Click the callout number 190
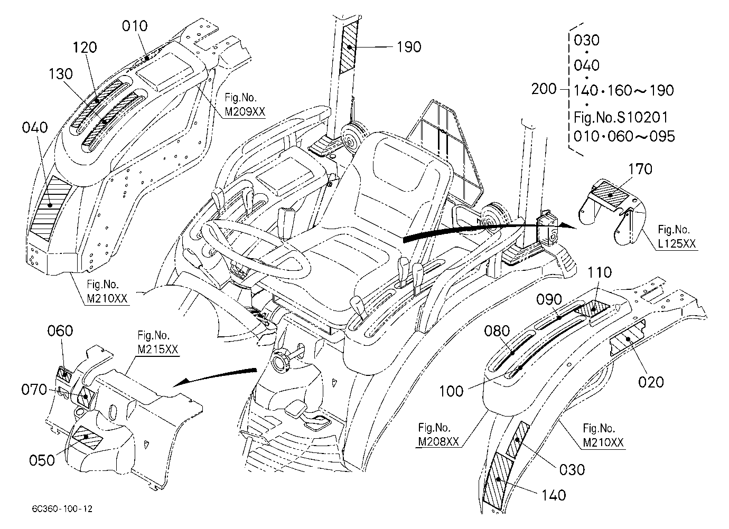409,47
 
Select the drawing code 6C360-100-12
62,508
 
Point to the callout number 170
640,169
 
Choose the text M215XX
158,349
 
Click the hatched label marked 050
87,438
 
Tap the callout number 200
544,89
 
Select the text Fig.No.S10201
621,117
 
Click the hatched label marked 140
498,480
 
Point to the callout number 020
651,382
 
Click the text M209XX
245,112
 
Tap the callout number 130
61,74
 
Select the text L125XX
677,244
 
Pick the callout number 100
451,391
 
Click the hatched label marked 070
86,396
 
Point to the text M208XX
438,441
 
